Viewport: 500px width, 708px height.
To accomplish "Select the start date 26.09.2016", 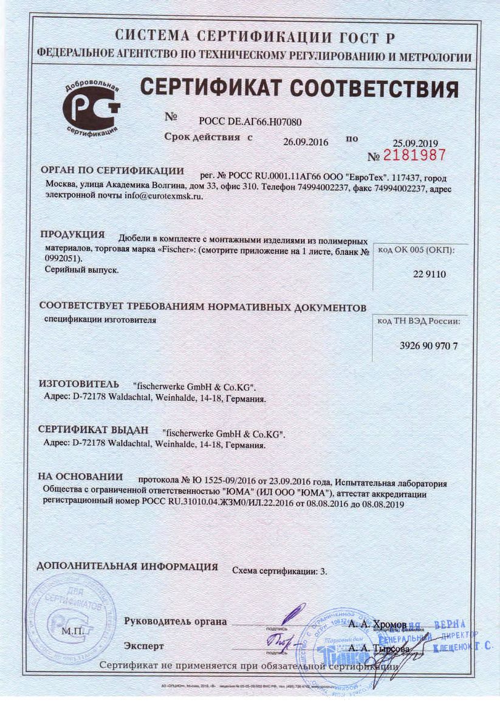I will pyautogui.click(x=306, y=142).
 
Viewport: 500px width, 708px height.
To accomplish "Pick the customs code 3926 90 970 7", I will pyautogui.click(x=429, y=345).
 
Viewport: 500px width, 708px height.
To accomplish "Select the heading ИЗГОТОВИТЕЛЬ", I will pyautogui.click(x=77, y=385).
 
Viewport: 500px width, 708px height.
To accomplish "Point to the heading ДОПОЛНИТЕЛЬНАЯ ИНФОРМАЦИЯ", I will pyautogui.click(x=128, y=566).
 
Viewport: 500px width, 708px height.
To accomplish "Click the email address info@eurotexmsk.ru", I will pyautogui.click(x=163, y=196).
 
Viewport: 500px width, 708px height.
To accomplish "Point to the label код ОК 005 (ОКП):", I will pyautogui.click(x=416, y=250).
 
